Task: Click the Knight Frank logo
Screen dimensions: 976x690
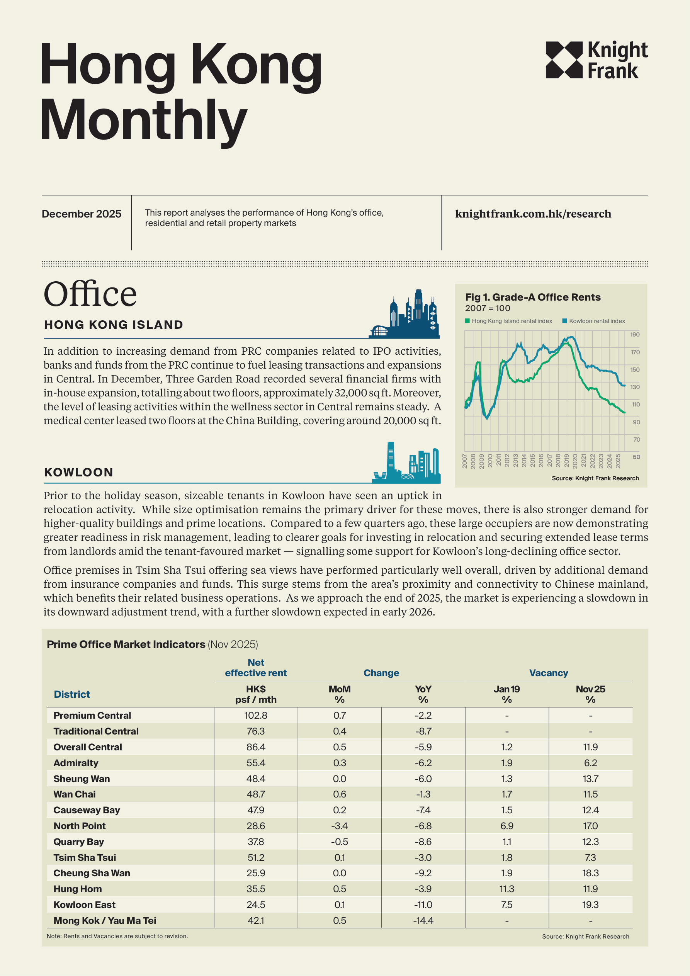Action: [x=596, y=60]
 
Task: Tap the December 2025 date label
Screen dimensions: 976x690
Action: [x=81, y=214]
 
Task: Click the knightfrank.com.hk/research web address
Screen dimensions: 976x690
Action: [x=533, y=214]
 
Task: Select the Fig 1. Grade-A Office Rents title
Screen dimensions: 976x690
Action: [x=532, y=297]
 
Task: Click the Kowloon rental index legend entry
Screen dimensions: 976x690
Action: [x=593, y=321]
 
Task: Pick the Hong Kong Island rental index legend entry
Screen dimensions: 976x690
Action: [x=508, y=321]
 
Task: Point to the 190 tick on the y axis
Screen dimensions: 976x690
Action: [x=635, y=335]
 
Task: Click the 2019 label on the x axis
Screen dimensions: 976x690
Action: [x=566, y=461]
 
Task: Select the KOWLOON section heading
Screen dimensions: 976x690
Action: [x=79, y=472]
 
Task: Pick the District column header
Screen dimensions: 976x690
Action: [x=72, y=694]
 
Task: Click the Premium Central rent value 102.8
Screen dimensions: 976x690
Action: [x=255, y=716]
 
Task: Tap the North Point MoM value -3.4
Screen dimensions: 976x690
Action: [x=339, y=826]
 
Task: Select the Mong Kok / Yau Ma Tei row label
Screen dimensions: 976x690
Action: [x=105, y=920]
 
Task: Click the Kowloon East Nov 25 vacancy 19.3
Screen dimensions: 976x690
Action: [x=590, y=905]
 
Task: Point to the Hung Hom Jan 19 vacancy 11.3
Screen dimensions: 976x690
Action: [x=506, y=889]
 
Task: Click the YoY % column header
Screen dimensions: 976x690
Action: [x=423, y=694]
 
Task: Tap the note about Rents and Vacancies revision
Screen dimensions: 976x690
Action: [x=117, y=936]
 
